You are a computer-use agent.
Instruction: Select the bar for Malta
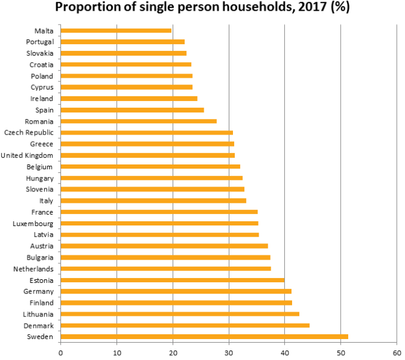(x=116, y=30)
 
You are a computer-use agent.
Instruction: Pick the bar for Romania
(x=139, y=121)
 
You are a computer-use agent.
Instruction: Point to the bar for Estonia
(x=173, y=280)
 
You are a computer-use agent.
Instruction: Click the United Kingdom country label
(x=27, y=155)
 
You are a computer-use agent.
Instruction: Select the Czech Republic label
(x=29, y=133)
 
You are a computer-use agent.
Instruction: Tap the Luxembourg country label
(x=33, y=224)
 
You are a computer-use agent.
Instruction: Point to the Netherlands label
(x=33, y=269)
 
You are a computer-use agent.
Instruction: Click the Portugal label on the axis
(x=40, y=42)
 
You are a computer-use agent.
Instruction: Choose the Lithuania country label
(x=37, y=315)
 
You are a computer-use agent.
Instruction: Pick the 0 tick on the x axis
(x=60, y=352)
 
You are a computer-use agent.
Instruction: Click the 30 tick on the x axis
(x=229, y=352)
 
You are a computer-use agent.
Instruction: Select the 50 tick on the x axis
(x=340, y=352)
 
